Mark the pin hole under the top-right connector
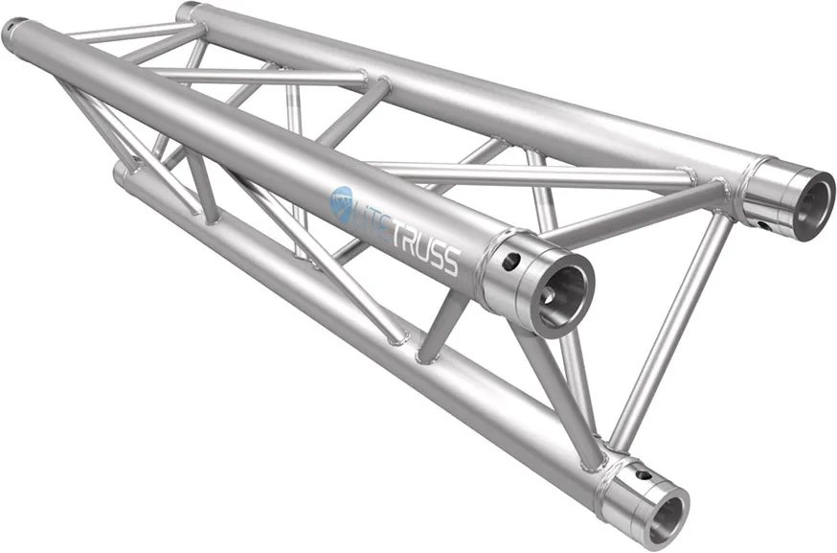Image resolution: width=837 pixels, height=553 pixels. click(762, 226)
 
